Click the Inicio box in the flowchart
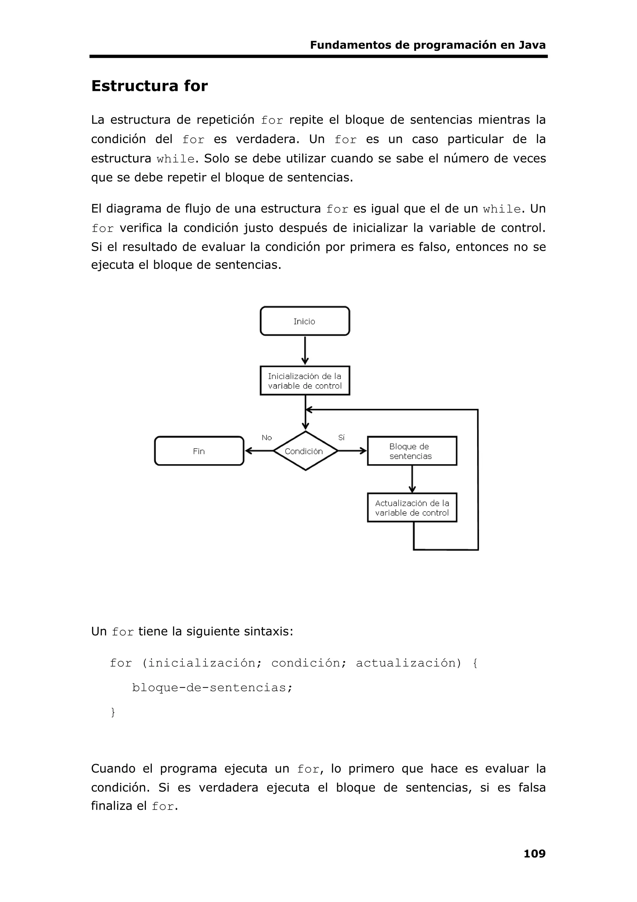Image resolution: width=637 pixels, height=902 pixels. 305,321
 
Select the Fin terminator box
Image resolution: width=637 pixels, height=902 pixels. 199,451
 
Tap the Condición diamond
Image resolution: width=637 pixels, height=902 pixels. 305,451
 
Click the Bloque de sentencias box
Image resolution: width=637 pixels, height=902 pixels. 412,451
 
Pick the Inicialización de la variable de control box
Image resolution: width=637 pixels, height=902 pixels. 305,381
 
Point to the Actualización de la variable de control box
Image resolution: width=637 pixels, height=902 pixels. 412,508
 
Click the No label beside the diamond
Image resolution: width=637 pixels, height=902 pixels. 267,438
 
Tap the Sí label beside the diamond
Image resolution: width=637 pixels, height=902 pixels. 341,438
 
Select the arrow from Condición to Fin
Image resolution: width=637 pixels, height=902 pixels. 259,451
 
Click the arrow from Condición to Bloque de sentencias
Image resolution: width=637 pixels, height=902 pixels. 352,451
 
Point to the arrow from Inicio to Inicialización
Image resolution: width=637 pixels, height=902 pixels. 305,350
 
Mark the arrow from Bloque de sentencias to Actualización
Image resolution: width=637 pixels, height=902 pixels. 412,479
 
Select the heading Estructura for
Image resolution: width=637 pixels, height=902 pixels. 149,86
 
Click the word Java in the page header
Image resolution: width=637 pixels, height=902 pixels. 532,45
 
